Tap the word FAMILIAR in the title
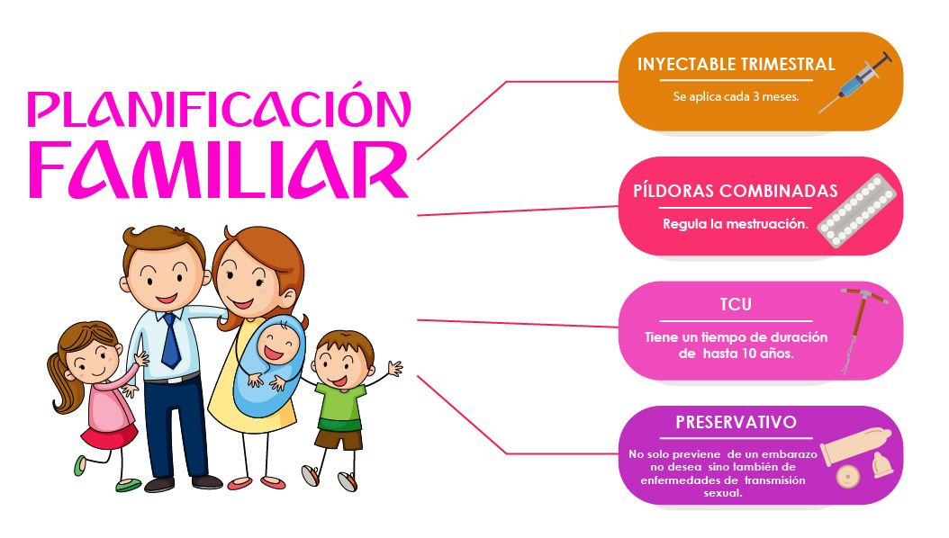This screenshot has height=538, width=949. click(x=219, y=170)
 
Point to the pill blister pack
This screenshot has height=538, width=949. click(x=856, y=211)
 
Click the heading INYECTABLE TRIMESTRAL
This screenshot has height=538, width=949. click(x=736, y=64)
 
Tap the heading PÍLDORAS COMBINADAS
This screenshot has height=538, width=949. click(x=736, y=191)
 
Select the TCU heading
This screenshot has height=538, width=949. click(x=736, y=304)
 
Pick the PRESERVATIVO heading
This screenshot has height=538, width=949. click(x=736, y=422)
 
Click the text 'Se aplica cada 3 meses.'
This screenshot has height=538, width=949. click(x=736, y=96)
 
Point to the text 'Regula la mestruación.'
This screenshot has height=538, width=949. click(x=736, y=224)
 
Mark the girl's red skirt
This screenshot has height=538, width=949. click(x=109, y=436)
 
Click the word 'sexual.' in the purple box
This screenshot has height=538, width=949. click(x=723, y=493)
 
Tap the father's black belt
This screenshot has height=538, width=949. click(x=173, y=379)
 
